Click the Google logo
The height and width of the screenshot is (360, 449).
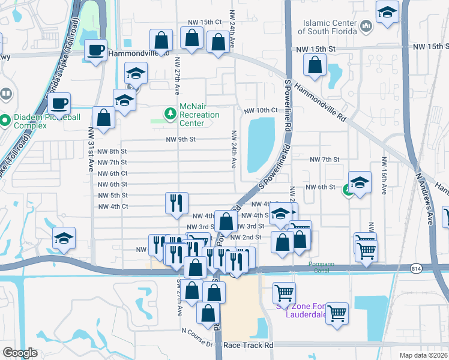click(19, 353)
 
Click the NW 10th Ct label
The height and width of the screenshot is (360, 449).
click(261, 110)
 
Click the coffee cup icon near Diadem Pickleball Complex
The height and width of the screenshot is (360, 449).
click(59, 103)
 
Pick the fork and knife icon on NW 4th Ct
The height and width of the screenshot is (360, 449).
click(176, 202)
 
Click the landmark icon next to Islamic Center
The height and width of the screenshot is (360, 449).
click(366, 27)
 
